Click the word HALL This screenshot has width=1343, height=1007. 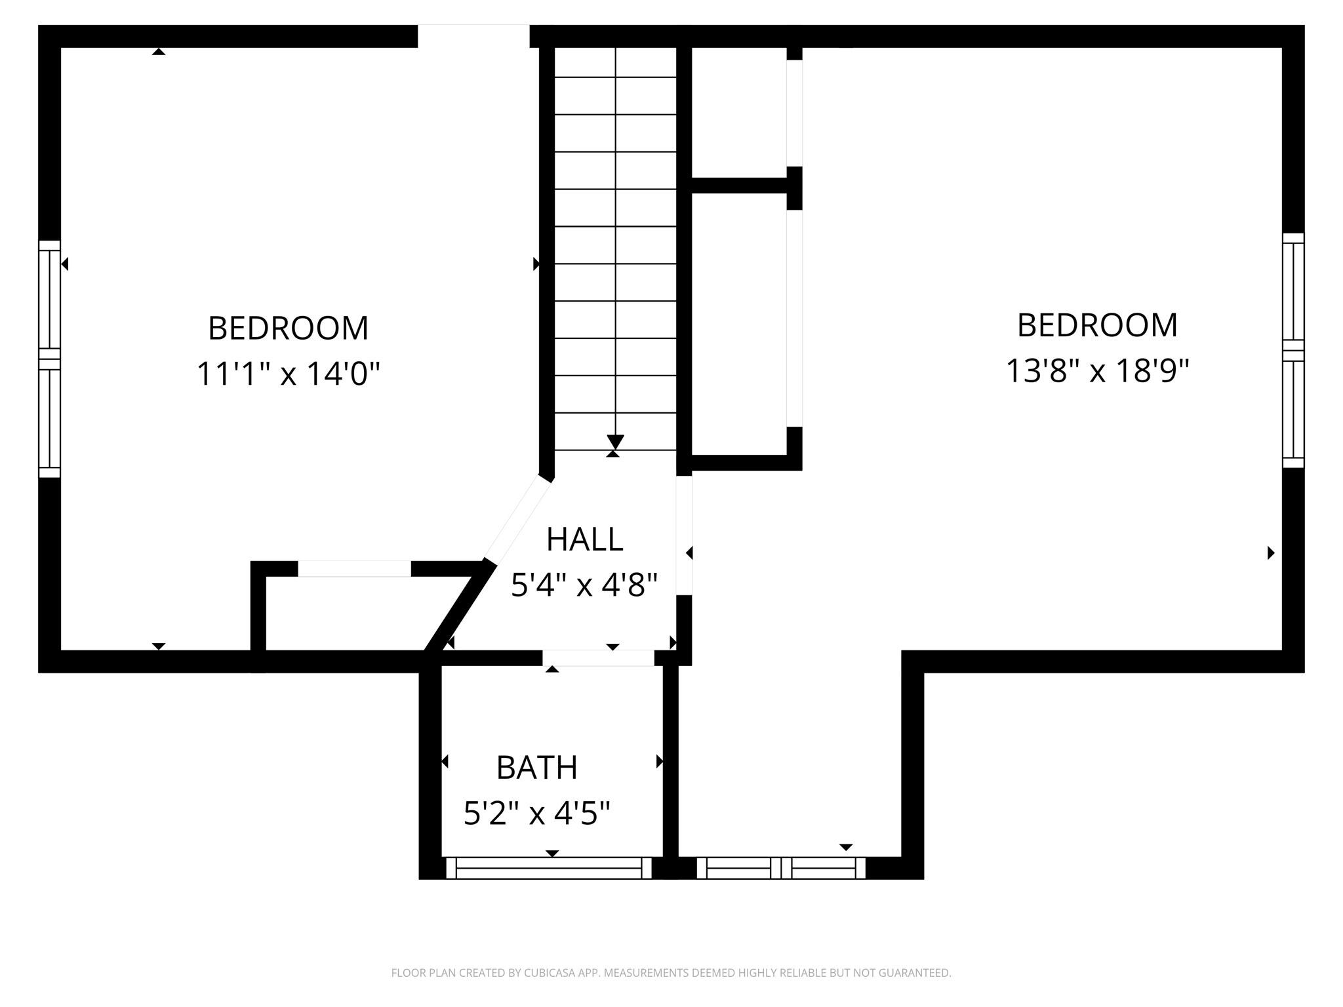[x=584, y=540]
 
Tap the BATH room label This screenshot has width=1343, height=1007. [x=536, y=768]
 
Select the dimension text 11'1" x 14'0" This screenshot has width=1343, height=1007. [x=289, y=374]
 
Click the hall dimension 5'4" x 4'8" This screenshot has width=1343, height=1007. [x=584, y=585]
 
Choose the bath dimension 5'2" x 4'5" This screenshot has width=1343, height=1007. [x=536, y=814]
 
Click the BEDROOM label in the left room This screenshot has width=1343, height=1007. [x=288, y=328]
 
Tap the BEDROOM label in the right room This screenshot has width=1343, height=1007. [x=1097, y=325]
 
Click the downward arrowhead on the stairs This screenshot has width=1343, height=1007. [x=615, y=442]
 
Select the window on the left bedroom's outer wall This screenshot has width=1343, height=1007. [x=49, y=359]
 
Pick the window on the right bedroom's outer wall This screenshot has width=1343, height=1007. [x=1293, y=350]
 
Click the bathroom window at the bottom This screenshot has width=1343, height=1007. [x=549, y=867]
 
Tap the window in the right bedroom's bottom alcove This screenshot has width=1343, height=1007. [x=781, y=867]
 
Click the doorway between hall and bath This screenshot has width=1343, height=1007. [x=598, y=658]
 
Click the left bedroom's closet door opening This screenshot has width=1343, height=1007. [x=355, y=568]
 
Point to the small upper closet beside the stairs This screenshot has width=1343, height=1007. [x=739, y=112]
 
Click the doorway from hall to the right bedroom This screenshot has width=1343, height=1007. [x=684, y=535]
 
